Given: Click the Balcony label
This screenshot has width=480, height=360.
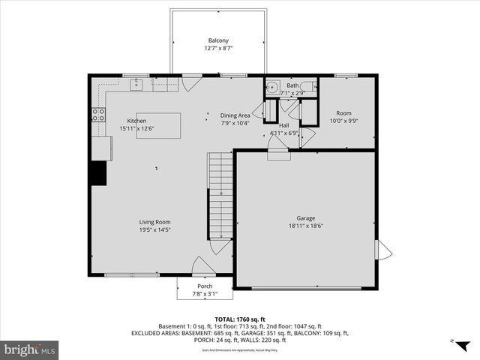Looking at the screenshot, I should pos(217,40).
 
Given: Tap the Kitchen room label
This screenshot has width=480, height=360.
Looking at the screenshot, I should pos(136,121).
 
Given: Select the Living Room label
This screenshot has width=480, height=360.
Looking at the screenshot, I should pos(154,222).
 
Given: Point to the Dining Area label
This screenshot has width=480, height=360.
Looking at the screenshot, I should pos(235,115).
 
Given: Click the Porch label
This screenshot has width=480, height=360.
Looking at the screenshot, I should pos(205,286).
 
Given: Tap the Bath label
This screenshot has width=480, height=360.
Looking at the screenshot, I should pos(292,86).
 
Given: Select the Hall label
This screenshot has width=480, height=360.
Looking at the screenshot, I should pos(284,125).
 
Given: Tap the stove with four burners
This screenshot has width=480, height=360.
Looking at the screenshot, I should pos(97,115).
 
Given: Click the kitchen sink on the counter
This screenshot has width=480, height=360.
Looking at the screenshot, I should pos(136,85).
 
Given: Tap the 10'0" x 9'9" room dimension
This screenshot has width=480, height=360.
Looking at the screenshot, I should pos(343,121).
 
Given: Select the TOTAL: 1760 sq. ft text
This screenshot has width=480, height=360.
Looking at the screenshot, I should pos(239,319).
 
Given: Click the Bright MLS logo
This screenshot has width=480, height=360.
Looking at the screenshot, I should pos(30,349).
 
